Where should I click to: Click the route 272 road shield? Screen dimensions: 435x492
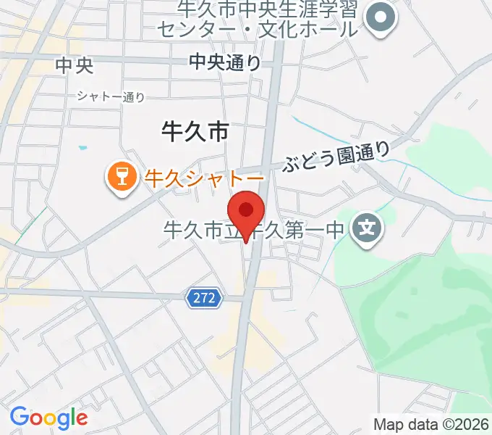point(204,297)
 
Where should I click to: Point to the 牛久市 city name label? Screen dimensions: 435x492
point(194,131)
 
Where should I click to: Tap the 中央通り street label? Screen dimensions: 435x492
point(225,63)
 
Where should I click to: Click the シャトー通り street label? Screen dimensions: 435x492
point(111,96)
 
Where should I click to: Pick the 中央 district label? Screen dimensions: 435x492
point(75,65)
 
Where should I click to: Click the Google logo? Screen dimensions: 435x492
point(48,418)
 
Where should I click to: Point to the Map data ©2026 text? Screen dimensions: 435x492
point(431,424)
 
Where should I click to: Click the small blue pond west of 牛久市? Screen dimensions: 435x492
point(83,149)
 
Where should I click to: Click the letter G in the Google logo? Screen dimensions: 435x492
point(19,417)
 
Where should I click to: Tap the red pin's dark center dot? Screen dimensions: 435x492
point(246,210)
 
